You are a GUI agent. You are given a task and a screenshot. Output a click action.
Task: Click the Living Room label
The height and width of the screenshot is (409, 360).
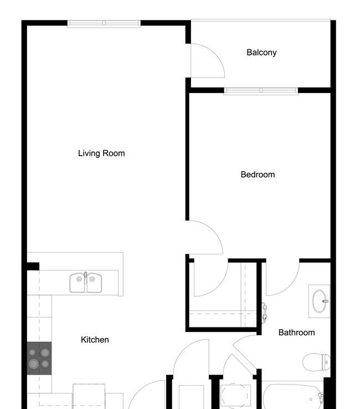[x=101, y=154]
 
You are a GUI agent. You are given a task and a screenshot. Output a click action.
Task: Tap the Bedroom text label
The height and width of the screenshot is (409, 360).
[x=258, y=175]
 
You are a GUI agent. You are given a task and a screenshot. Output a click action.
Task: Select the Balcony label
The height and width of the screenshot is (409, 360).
[x=261, y=53]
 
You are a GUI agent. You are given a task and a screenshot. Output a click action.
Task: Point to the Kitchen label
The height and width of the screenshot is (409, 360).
[x=95, y=340]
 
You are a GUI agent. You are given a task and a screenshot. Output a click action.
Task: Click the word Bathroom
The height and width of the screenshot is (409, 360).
[x=296, y=333]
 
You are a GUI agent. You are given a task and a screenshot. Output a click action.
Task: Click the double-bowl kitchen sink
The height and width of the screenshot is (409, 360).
[x=86, y=283]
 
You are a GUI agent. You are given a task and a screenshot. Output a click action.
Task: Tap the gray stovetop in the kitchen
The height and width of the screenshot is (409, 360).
[x=39, y=358]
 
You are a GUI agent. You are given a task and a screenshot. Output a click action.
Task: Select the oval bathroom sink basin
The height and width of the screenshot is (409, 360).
[x=320, y=301]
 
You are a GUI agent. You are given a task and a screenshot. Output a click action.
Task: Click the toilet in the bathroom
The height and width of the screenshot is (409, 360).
[x=316, y=362]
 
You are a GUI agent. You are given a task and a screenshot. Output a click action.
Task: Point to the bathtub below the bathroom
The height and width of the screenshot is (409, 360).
[x=294, y=397]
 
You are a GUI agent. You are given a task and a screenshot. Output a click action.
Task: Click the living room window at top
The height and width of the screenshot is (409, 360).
[x=104, y=24]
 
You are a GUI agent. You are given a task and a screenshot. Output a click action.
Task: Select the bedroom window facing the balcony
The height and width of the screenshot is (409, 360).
[x=261, y=91]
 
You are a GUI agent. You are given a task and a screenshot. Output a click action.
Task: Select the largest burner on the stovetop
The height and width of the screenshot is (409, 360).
[x=34, y=364]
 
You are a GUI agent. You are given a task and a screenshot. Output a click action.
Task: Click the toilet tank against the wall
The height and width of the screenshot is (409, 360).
[x=326, y=362]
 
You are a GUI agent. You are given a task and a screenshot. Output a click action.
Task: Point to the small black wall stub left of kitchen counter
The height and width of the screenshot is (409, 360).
[x=33, y=267]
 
